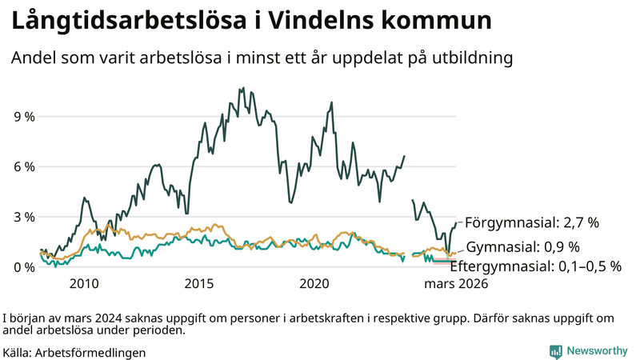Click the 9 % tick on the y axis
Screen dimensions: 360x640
click(23, 116)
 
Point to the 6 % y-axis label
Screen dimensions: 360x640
click(23, 166)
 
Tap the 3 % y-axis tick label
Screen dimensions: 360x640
click(23, 217)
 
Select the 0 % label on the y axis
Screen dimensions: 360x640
click(23, 267)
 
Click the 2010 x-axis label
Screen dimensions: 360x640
click(84, 284)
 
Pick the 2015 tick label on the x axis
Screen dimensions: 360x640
click(199, 284)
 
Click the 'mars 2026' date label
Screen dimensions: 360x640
click(456, 284)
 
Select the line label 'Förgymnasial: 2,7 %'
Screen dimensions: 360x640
click(531, 222)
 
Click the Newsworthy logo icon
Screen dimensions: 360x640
click(555, 351)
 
